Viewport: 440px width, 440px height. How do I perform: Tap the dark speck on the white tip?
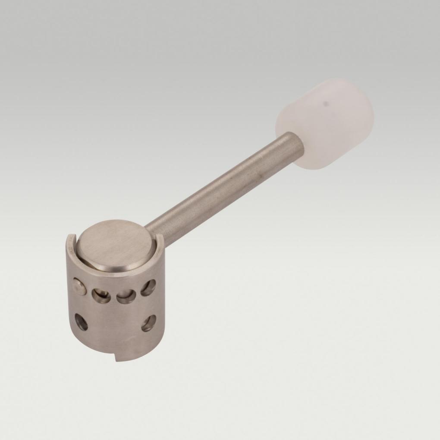(327, 104)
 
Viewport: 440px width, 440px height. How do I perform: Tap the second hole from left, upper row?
(101, 295)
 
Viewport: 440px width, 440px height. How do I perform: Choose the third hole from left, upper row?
(126, 296)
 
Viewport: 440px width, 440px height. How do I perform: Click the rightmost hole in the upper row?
(148, 287)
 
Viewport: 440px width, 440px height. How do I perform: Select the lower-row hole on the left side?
(81, 322)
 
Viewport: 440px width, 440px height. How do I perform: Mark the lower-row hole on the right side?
(148, 323)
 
